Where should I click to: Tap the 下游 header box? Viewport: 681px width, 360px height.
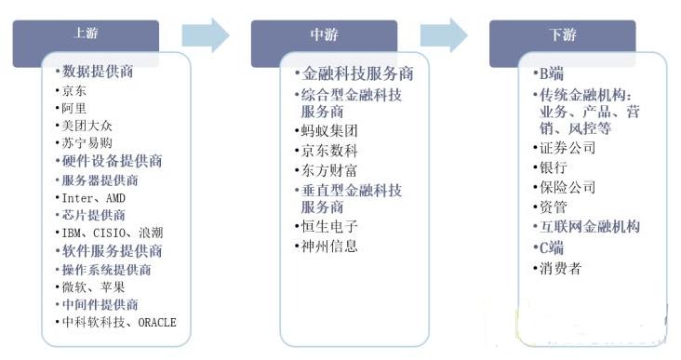(562, 35)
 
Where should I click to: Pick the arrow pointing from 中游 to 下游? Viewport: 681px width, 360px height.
(444, 35)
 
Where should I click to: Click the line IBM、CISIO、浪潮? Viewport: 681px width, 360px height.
(116, 233)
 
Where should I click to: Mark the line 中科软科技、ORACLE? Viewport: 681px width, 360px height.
(118, 323)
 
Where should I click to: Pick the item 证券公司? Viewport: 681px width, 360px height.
(567, 149)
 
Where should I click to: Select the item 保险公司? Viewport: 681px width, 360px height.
(567, 187)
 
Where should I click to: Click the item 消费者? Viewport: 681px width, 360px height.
(561, 268)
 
